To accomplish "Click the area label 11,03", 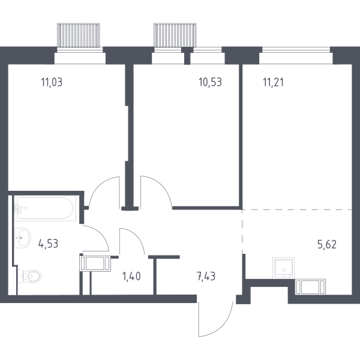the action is pos(52,82).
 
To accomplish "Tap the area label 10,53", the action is pos(211,82).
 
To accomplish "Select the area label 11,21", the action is pos(273,82).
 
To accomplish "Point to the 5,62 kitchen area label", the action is pos(327,245).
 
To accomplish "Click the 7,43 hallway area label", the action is pos(206,276).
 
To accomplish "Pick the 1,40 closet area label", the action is pos(131,276).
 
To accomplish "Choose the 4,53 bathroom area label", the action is pos(48,244).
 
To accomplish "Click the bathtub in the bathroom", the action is pos(45,208).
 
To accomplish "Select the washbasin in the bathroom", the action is pos(22,238).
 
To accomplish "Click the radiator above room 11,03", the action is pos(79,35).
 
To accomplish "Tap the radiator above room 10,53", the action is pos(175,35).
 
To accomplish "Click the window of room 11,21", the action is pos(296,50).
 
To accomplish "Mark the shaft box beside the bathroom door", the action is pos(95,263).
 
